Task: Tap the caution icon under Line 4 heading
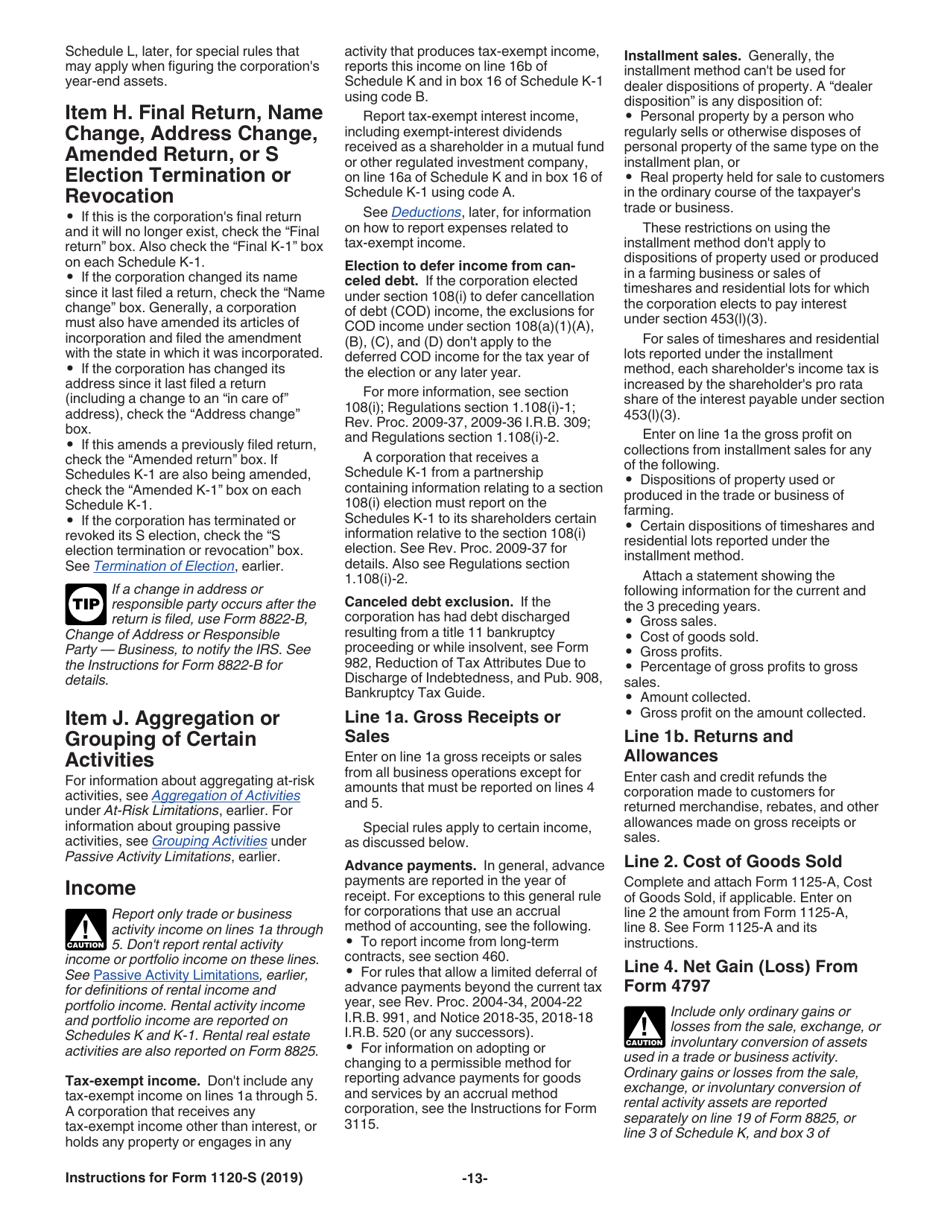[644, 1027]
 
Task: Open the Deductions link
[426, 212]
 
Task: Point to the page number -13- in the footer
[474, 1179]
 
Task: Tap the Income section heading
[100, 888]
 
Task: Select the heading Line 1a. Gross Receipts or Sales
[451, 726]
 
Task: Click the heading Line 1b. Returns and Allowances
[708, 745]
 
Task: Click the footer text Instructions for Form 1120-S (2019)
[183, 1179]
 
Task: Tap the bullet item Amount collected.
[694, 697]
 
